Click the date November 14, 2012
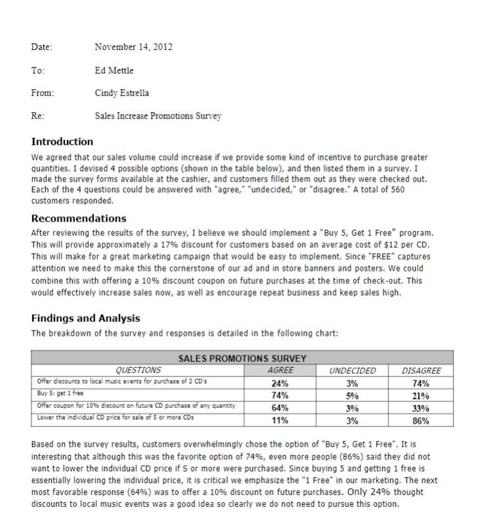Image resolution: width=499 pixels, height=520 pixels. [x=133, y=47]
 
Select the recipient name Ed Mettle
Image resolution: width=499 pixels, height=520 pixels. [x=114, y=70]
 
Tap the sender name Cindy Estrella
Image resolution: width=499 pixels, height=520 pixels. [x=121, y=93]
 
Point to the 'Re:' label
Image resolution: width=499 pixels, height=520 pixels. [x=37, y=116]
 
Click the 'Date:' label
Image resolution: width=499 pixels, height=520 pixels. [x=41, y=47]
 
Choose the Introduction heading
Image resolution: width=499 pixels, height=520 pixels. [x=62, y=142]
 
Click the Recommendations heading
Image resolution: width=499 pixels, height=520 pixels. [x=79, y=218]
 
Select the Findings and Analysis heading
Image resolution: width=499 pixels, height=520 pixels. [x=85, y=318]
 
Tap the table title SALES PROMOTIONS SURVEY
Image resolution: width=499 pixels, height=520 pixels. [x=242, y=359]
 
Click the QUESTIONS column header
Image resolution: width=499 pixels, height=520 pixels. [x=138, y=370]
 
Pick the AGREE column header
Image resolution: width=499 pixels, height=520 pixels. [x=280, y=370]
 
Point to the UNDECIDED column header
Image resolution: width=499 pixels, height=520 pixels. [x=352, y=370]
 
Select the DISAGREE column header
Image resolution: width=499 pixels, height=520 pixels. [x=421, y=370]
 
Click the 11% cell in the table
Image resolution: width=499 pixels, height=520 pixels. [x=280, y=420]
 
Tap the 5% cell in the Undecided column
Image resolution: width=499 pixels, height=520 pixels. [x=352, y=395]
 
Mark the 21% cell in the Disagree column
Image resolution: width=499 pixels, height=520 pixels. [x=421, y=395]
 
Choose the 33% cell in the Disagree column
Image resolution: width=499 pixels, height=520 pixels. [x=421, y=408]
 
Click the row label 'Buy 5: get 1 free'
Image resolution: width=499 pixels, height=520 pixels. [x=60, y=393]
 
